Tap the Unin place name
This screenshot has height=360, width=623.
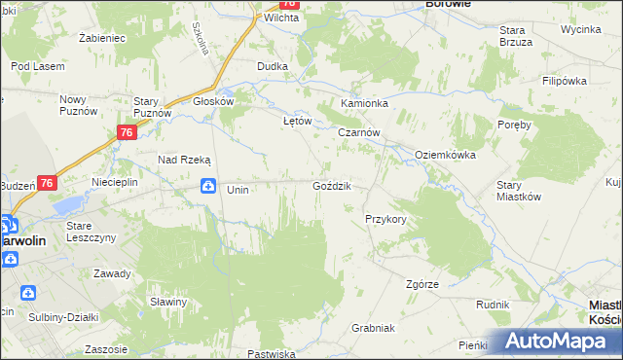coord(238,190)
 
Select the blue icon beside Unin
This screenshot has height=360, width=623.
coord(207,186)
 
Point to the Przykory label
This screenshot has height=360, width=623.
coord(385,220)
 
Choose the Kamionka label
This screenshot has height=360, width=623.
coord(364,102)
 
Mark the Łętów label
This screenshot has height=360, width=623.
coord(296,121)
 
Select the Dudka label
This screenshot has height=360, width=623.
coord(272,65)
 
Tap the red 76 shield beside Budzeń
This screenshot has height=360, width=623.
coord(48,182)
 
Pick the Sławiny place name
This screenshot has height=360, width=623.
coord(168,302)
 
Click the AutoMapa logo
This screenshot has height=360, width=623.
coord(560,342)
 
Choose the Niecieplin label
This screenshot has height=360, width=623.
coord(115,182)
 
